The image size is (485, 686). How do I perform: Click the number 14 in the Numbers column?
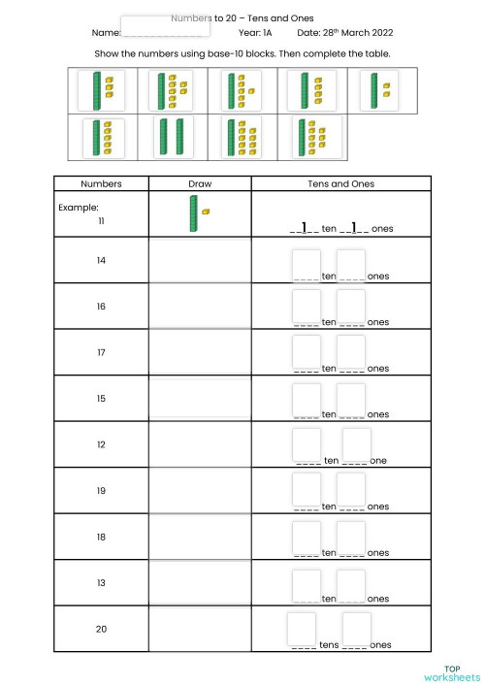point(101,260)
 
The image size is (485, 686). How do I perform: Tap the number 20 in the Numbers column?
point(101,629)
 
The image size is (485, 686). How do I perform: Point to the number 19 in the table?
point(101,491)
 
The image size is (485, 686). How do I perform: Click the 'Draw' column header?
point(199,183)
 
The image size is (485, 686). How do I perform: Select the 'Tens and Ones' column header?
point(340,183)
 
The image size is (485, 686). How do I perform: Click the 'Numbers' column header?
point(101,183)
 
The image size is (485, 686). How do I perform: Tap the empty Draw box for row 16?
point(199,307)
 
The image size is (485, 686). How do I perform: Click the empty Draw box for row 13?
point(199,582)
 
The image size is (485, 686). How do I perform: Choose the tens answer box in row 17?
point(306,352)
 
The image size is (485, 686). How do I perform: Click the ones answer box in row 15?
point(351,399)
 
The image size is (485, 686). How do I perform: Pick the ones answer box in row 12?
point(356,444)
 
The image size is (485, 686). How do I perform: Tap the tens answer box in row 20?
point(302,628)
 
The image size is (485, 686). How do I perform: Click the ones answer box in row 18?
point(351,537)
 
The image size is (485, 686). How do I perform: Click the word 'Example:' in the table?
point(79,208)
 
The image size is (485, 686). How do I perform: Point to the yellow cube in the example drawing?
point(206,212)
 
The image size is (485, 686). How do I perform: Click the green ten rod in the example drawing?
point(193,213)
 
